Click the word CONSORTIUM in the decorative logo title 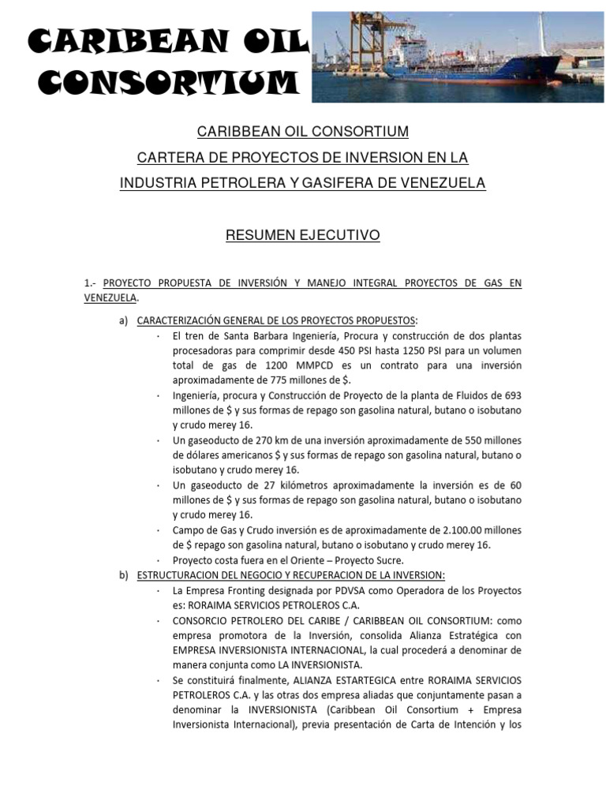point(163,81)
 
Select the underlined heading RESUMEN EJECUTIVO point(303,235)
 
